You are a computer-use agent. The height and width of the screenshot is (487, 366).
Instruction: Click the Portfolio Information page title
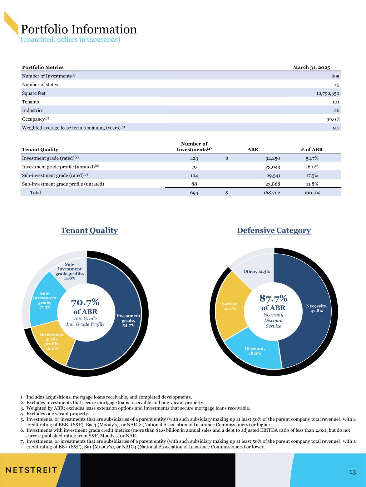tap(79, 30)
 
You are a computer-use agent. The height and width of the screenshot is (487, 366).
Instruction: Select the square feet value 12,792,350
tap(328, 93)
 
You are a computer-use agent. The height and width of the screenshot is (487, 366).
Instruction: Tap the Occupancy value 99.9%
tap(333, 120)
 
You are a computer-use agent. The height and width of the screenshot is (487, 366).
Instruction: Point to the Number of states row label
tap(40, 85)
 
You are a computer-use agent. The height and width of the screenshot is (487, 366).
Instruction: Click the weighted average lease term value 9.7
tap(336, 128)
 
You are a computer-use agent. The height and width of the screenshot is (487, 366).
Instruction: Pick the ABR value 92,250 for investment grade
tap(273, 158)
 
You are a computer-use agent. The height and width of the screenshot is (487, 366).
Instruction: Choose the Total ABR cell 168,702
tap(272, 193)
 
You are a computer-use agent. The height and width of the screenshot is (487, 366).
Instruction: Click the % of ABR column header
tap(312, 149)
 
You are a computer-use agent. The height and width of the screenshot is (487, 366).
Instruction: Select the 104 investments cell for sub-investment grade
tap(194, 176)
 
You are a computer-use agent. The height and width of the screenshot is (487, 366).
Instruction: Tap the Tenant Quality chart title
tap(89, 230)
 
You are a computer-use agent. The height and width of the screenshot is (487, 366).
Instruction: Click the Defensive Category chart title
tap(274, 230)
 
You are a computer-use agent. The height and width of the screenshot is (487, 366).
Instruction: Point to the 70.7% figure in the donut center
tap(85, 303)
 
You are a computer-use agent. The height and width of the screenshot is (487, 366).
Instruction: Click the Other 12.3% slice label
tap(257, 272)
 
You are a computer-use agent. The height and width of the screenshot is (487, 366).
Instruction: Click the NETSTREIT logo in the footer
tap(31, 470)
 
